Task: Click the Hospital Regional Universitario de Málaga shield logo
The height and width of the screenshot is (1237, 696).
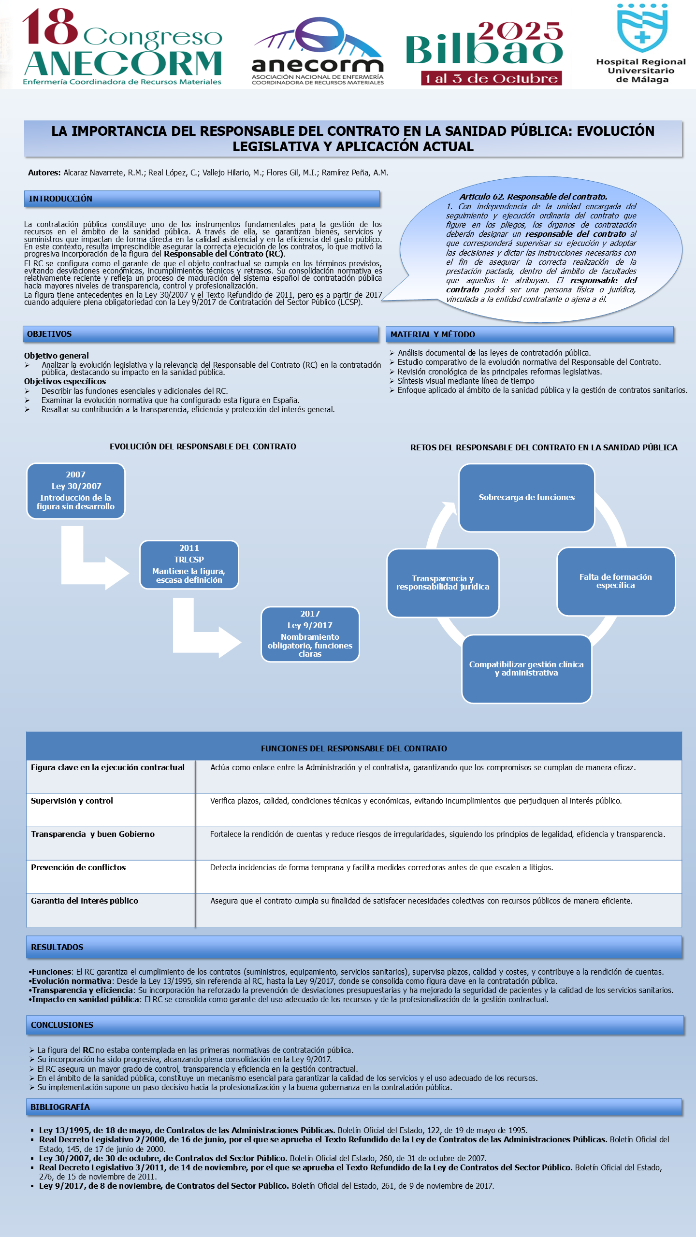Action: pos(642,28)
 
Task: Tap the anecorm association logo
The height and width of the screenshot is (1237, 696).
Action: pos(318,51)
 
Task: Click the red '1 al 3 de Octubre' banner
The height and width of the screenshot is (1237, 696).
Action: pos(491,78)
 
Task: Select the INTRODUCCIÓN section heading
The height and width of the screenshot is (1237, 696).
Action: pos(60,199)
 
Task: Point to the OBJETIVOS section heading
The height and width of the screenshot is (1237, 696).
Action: pos(49,334)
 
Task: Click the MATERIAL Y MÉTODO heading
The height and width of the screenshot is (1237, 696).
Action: pos(433,334)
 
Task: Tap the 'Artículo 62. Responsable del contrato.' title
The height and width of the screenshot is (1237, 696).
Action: pos(533,197)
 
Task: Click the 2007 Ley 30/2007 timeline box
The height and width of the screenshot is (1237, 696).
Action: pos(76,491)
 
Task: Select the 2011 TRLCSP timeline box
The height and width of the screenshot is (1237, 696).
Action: pos(189,564)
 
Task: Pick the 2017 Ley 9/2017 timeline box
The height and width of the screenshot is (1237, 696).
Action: pos(310,634)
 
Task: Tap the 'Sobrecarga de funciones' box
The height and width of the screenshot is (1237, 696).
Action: pos(527,498)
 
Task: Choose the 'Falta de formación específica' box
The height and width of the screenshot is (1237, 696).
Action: pos(616,581)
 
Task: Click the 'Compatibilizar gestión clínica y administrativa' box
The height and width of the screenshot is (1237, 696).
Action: pos(526,669)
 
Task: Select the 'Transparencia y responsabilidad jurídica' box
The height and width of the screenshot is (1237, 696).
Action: pos(443,583)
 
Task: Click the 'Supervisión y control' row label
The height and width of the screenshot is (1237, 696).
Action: pos(72,801)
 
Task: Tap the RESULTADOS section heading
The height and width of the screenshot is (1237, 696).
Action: pos(57,947)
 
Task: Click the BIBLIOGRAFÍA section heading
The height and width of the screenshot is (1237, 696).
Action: pos(60,1107)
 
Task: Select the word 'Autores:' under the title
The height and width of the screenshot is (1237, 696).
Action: pos(44,173)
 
